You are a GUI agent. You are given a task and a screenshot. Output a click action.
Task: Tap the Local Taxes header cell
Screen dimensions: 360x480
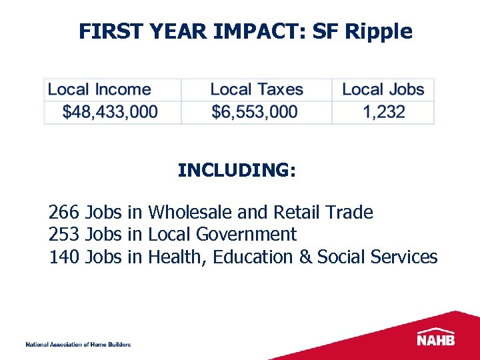[257, 89]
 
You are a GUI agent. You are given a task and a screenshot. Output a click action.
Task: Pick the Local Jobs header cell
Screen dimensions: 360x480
[383, 89]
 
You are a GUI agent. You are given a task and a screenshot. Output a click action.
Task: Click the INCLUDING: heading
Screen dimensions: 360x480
[237, 171]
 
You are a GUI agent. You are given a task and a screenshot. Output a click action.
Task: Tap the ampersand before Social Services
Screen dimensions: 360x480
[305, 257]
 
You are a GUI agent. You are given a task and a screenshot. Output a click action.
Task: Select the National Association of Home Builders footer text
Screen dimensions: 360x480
[78, 345]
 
